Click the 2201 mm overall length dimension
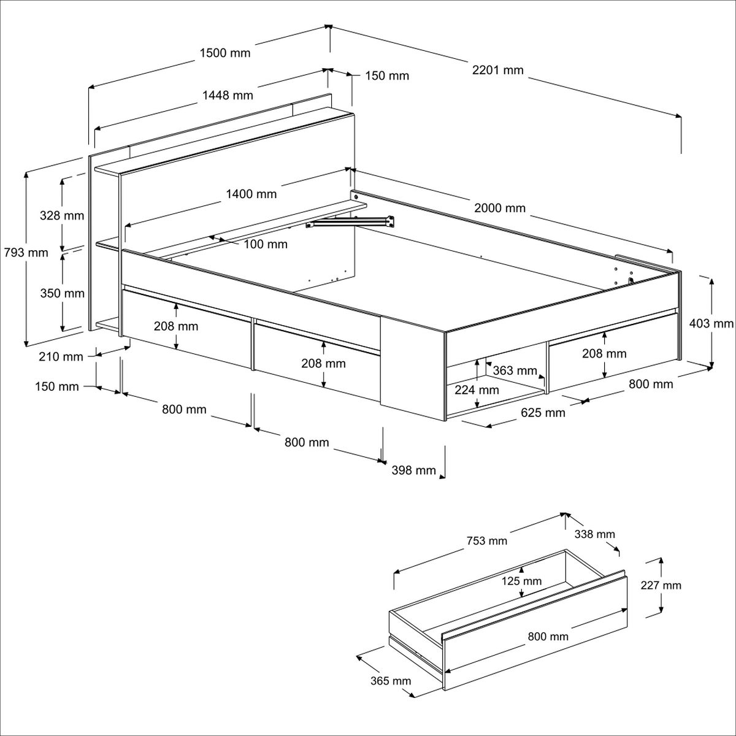(x=497, y=71)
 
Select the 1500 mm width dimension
(x=225, y=53)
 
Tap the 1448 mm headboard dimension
(x=228, y=95)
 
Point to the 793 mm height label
(x=26, y=253)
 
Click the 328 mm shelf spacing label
(x=62, y=216)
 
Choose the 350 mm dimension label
(x=63, y=293)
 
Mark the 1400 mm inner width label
(x=251, y=194)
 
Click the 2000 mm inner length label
(x=500, y=208)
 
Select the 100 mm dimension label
(x=266, y=244)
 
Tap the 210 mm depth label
(x=61, y=357)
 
